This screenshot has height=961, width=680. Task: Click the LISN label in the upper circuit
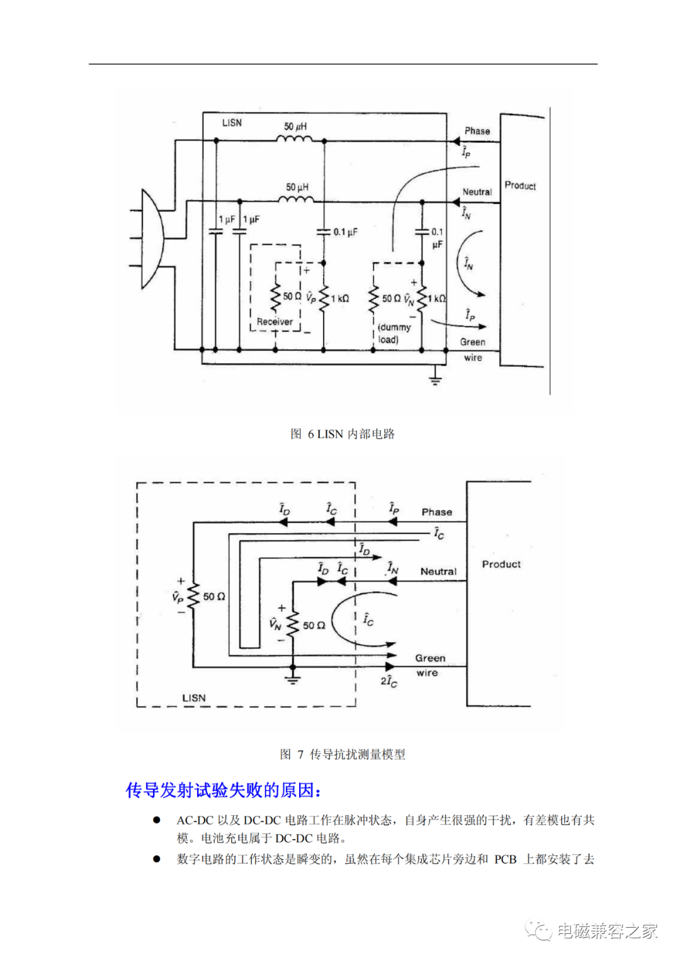[x=232, y=123]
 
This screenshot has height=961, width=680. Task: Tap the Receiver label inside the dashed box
[x=275, y=321]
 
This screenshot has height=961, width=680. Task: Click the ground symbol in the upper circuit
[x=435, y=378]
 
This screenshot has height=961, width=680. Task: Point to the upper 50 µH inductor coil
[x=295, y=138]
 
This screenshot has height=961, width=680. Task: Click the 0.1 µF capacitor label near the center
[x=345, y=232]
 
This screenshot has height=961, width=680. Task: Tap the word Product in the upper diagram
[x=520, y=186]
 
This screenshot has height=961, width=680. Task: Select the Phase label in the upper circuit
[x=477, y=131]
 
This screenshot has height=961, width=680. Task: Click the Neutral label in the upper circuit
[x=477, y=192]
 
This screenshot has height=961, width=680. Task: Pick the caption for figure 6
[x=343, y=434]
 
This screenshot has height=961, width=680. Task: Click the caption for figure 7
[x=343, y=754]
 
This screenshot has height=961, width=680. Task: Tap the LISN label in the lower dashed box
[x=194, y=698]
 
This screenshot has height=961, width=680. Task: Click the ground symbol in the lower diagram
[x=293, y=678]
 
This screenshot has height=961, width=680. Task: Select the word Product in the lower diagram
[x=501, y=564]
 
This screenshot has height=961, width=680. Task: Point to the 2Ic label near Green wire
[x=388, y=681]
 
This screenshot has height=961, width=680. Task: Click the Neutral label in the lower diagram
[x=438, y=571]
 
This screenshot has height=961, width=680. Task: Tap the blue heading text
[x=224, y=790]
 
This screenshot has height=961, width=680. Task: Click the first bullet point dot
[x=157, y=820]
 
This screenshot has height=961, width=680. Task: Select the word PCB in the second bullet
[x=505, y=859]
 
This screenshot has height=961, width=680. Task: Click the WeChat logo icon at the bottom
[x=538, y=930]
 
